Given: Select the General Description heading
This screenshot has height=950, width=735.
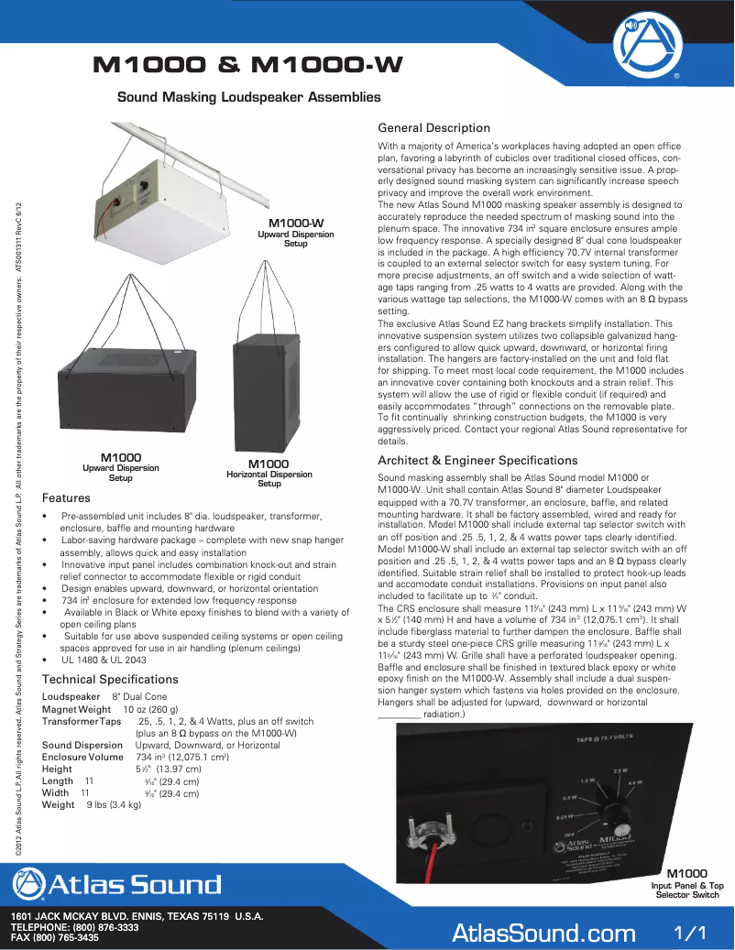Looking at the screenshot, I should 433,128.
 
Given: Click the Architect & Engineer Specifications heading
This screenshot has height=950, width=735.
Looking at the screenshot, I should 477,461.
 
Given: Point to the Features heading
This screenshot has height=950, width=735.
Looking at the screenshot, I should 66,498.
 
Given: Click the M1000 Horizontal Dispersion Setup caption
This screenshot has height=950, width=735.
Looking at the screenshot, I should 269,474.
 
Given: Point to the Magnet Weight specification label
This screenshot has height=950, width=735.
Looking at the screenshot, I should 76,709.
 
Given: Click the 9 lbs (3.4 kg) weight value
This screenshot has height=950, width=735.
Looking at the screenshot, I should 113,804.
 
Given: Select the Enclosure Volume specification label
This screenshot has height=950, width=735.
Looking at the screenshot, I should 82,758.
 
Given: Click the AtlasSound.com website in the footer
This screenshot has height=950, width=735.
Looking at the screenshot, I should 543,933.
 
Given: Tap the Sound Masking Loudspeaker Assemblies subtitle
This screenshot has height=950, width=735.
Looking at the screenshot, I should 248,96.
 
